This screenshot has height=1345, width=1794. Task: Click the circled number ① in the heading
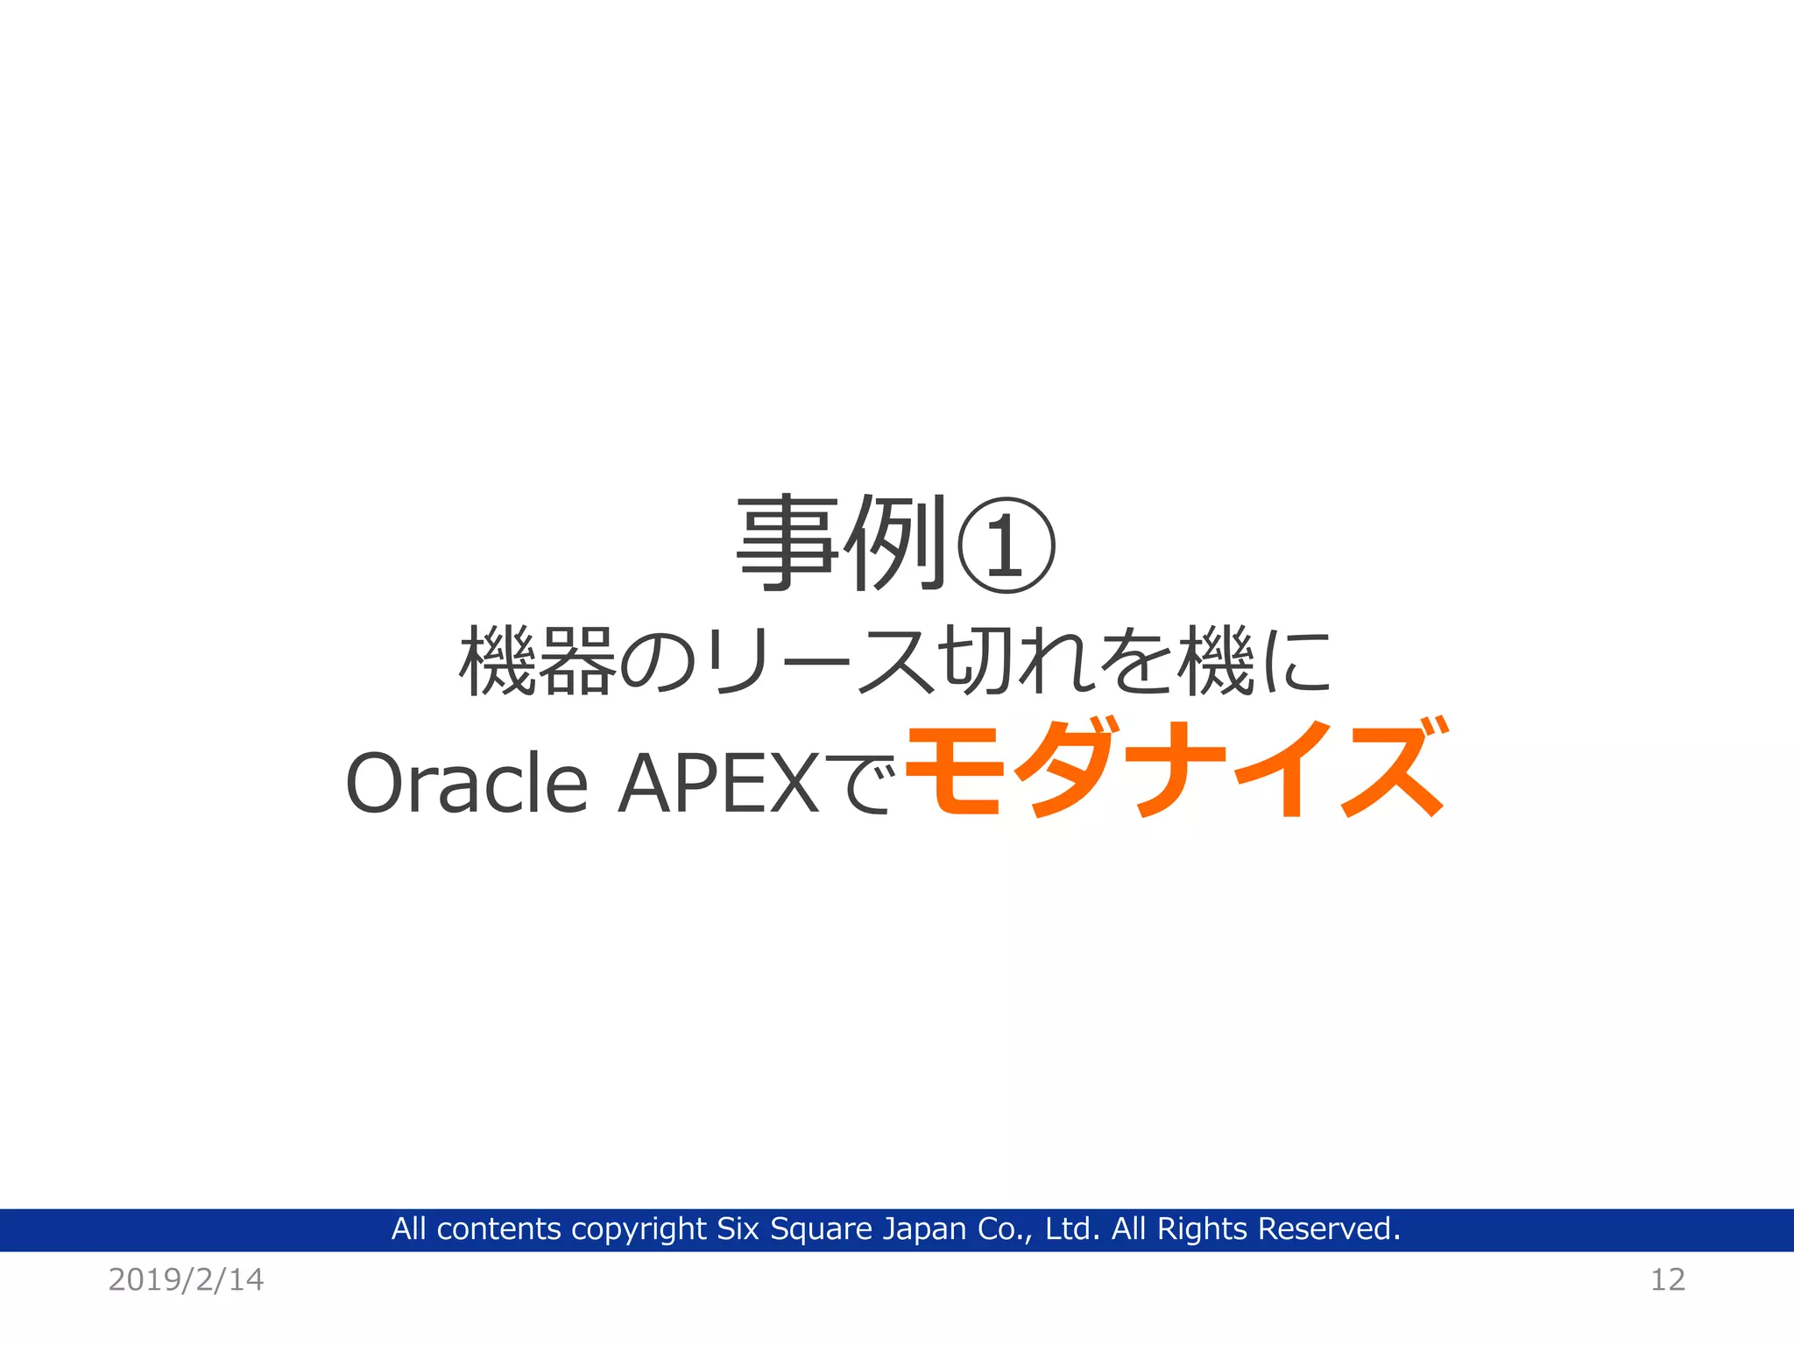click(1006, 545)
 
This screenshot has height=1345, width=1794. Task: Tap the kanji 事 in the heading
click(787, 543)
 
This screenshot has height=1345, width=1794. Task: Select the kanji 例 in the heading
click(895, 543)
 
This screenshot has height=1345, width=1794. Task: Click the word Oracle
click(467, 782)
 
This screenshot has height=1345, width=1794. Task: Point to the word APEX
click(718, 782)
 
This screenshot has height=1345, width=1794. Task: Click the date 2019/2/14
click(186, 1279)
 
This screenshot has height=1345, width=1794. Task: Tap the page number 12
click(1667, 1279)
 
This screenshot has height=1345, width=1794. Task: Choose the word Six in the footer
click(738, 1229)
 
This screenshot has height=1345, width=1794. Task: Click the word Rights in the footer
click(1202, 1229)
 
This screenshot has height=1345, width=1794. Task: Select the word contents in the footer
click(498, 1229)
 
